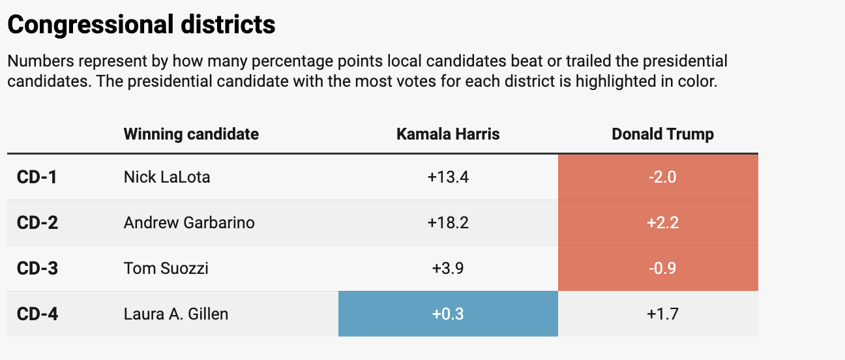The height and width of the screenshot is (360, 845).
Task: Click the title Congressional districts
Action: [x=141, y=25]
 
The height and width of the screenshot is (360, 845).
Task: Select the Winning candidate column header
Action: [x=191, y=134]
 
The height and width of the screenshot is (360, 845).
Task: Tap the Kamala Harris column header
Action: [x=448, y=134]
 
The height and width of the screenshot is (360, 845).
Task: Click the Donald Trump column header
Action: [x=662, y=134]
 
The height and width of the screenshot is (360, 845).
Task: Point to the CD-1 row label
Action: [x=37, y=177]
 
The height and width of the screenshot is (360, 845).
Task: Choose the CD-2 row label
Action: [x=37, y=222]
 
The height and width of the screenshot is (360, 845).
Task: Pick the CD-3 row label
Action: [x=37, y=268]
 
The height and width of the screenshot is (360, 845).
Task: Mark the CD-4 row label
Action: [x=37, y=314]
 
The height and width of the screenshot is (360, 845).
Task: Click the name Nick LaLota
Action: [x=167, y=177]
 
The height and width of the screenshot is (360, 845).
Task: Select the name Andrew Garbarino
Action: [x=189, y=222]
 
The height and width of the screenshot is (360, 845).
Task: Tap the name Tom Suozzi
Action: [x=166, y=268]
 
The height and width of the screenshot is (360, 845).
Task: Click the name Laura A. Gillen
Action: [x=176, y=314]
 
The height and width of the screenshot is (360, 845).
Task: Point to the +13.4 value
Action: [x=448, y=177]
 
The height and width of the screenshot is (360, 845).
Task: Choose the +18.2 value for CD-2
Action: [x=448, y=222]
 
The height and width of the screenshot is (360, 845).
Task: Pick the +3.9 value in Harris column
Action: [x=448, y=268]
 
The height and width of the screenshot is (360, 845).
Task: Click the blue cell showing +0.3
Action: [x=448, y=314]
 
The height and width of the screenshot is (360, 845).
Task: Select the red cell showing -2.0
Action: [x=658, y=177]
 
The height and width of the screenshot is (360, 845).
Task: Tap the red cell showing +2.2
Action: [x=658, y=222]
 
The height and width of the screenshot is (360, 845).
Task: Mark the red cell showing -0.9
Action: [x=658, y=268]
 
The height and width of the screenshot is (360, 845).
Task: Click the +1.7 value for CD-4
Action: [x=662, y=314]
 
